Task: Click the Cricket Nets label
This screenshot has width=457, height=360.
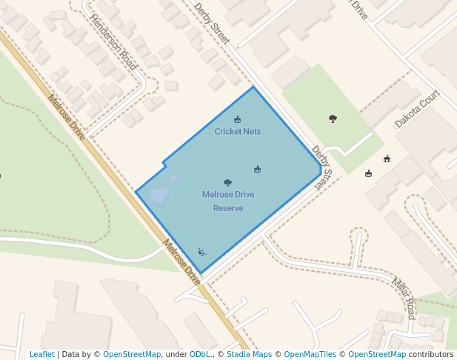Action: tap(238, 132)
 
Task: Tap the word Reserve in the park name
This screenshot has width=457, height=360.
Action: tap(228, 208)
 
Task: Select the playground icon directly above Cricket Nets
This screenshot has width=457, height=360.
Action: tap(237, 119)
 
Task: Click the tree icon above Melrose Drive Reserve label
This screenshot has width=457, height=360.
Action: tap(227, 183)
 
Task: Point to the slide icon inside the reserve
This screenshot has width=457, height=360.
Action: tap(201, 252)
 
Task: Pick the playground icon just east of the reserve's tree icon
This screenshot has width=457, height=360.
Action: tap(257, 169)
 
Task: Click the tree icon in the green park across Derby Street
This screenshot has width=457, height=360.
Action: tap(333, 119)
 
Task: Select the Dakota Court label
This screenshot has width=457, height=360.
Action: tap(417, 109)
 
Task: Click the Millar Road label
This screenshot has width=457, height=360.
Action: tap(404, 298)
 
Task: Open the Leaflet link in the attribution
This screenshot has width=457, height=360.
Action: tap(41, 354)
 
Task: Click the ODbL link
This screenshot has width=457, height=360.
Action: tap(200, 354)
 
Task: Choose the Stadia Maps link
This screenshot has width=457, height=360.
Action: tap(248, 354)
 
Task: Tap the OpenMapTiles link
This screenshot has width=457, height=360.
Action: tap(310, 354)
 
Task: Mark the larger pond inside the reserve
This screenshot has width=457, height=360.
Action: tap(159, 196)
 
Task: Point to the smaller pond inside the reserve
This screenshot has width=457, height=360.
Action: tap(174, 178)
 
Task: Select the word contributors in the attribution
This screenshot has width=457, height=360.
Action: tap(431, 354)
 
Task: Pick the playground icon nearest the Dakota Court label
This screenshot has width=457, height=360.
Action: tap(387, 159)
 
